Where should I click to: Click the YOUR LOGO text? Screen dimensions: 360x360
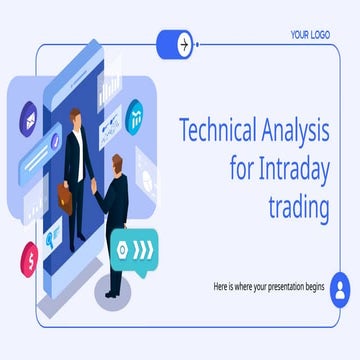(x=311, y=33)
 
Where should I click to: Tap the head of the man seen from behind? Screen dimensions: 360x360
(x=118, y=163)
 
